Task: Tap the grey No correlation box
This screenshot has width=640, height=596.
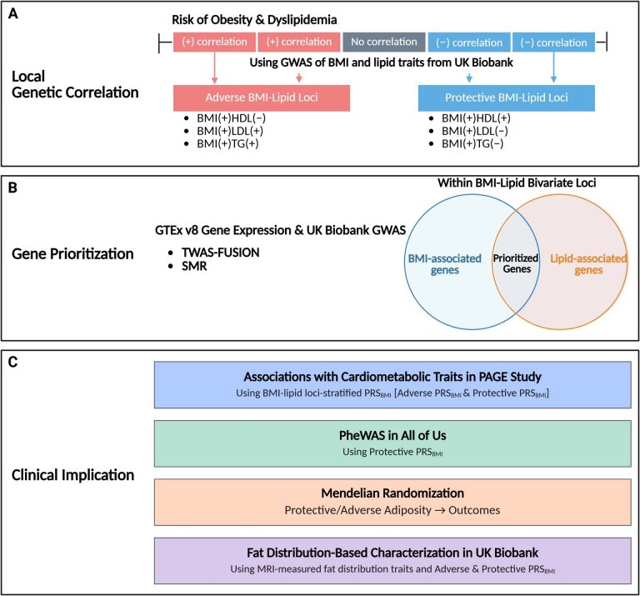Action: coord(383,43)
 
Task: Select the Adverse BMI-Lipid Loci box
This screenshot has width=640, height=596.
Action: coord(262,97)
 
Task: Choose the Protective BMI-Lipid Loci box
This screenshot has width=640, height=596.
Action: coord(506,97)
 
